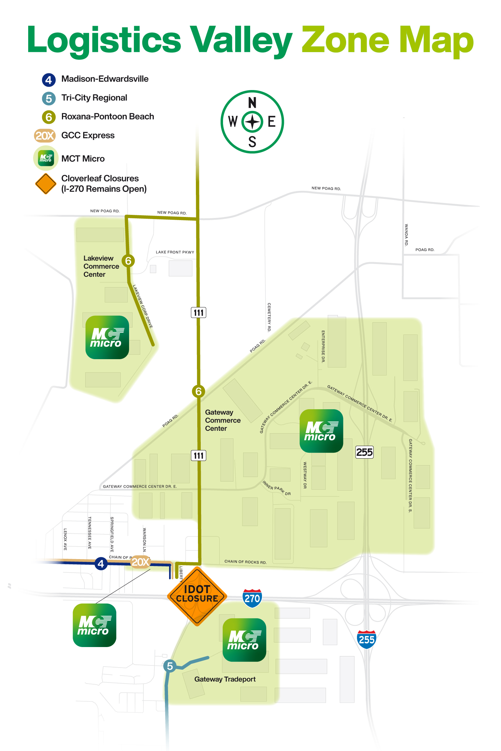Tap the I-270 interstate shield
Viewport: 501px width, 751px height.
pyautogui.click(x=252, y=598)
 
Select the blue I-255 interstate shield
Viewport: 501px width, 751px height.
pyautogui.click(x=366, y=639)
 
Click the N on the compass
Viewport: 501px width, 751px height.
pyautogui.click(x=252, y=103)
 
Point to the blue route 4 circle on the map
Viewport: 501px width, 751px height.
pyautogui.click(x=101, y=563)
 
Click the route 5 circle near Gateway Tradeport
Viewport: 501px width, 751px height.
pyautogui.click(x=170, y=666)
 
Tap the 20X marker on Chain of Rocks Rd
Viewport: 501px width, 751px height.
pyautogui.click(x=141, y=562)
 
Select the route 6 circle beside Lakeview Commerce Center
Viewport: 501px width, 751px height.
pyautogui.click(x=128, y=261)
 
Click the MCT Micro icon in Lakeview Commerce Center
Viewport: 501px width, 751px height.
pyautogui.click(x=107, y=337)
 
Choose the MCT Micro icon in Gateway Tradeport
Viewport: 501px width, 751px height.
pyautogui.click(x=244, y=640)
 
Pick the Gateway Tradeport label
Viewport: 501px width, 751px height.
pyautogui.click(x=225, y=679)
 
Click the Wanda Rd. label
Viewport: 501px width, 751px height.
pyautogui.click(x=406, y=235)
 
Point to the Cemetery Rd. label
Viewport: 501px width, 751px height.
pyautogui.click(x=269, y=317)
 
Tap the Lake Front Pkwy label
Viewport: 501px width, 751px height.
pyautogui.click(x=175, y=252)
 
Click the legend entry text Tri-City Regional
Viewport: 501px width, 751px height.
pyautogui.click(x=94, y=98)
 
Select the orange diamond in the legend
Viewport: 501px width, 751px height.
pyautogui.click(x=46, y=184)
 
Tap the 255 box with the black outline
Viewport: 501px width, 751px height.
pyautogui.click(x=364, y=452)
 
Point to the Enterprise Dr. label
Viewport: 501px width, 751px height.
pyautogui.click(x=323, y=346)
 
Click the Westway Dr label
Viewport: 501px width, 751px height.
pyautogui.click(x=305, y=475)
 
